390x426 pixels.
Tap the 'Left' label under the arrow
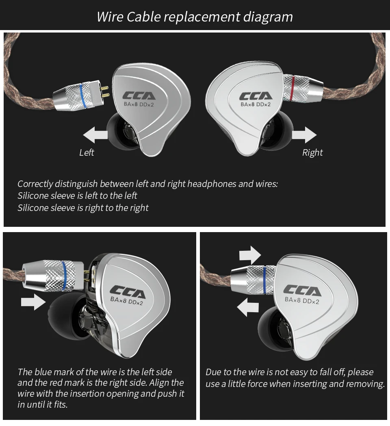pyautogui.click(x=87, y=152)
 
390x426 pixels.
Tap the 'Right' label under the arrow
pyautogui.click(x=312, y=152)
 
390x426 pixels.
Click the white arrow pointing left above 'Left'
pyautogui.click(x=95, y=135)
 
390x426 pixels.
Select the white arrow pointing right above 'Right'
pyautogui.click(x=304, y=135)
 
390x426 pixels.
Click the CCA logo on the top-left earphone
pyautogui.click(x=139, y=96)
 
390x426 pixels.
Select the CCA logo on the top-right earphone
pyautogui.click(x=256, y=97)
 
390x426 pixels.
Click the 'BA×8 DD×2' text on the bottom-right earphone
pyautogui.click(x=302, y=301)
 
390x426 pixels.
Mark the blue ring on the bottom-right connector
pyautogui.click(x=264, y=280)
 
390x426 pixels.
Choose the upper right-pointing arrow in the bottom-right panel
pyautogui.click(x=250, y=255)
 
